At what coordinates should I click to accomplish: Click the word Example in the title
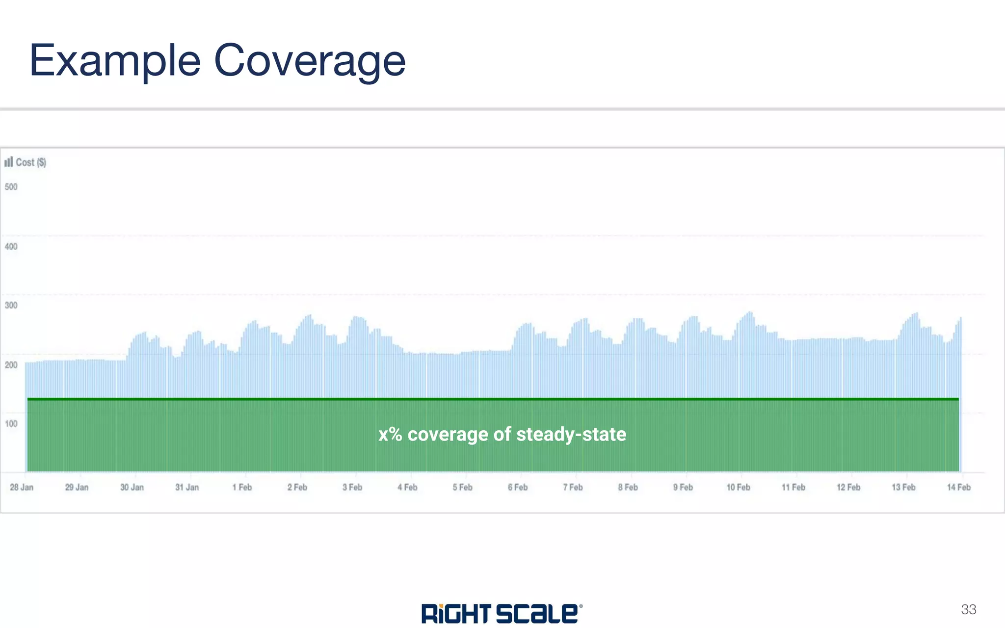coord(115,61)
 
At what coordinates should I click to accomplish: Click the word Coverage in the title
coord(310,61)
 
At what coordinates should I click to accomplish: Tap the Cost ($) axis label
coord(31,162)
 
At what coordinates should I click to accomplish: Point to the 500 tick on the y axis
coord(11,187)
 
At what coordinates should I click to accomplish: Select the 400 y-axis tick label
coord(11,246)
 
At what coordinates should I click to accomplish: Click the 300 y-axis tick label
coord(11,305)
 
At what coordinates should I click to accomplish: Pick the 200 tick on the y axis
coord(11,365)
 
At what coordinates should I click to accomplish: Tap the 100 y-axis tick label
coord(11,423)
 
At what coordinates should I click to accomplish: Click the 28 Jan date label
coord(22,487)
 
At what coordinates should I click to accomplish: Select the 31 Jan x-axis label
coord(187,487)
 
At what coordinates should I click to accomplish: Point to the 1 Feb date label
coord(242,487)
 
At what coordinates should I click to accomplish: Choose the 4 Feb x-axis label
coord(407,487)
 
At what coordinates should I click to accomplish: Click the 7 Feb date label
coord(573,487)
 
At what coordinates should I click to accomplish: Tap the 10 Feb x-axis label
coord(738,487)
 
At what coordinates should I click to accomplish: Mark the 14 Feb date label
coord(958,487)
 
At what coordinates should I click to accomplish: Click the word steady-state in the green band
coord(571,435)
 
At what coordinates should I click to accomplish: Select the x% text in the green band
coord(390,435)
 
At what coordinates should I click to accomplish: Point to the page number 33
coord(968,609)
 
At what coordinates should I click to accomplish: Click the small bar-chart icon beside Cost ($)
coord(8,162)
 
